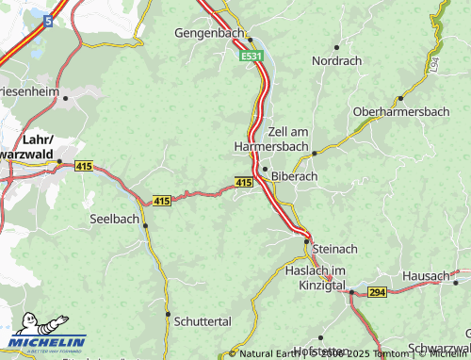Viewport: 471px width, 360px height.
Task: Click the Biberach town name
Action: (x=294, y=175)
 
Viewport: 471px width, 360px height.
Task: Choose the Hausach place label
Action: (x=425, y=275)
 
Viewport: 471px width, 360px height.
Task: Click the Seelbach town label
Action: (x=114, y=218)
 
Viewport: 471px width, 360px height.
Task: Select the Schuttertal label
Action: (x=203, y=321)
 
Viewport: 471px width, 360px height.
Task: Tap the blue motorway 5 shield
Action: (x=46, y=20)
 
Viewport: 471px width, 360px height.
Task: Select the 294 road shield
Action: (x=378, y=293)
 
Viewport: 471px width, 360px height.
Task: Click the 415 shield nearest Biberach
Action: (x=243, y=182)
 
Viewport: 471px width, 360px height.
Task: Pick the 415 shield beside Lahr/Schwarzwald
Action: (x=82, y=167)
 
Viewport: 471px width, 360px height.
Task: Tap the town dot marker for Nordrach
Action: (x=335, y=45)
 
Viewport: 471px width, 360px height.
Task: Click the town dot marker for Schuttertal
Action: (x=168, y=314)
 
